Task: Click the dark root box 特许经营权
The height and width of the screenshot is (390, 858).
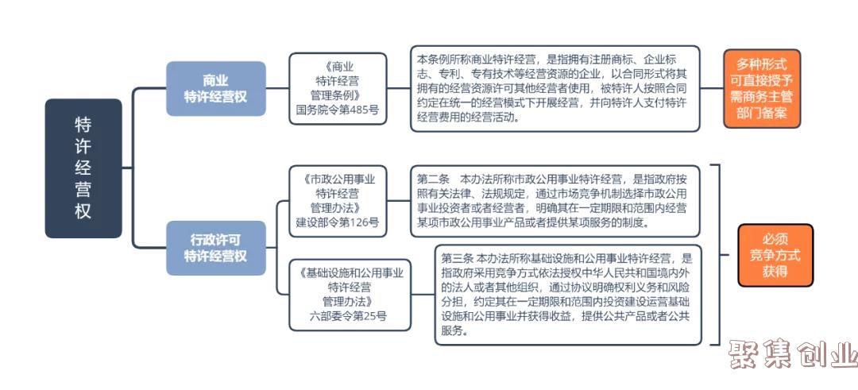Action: pyautogui.click(x=83, y=168)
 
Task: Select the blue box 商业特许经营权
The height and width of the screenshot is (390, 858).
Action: pyautogui.click(x=215, y=89)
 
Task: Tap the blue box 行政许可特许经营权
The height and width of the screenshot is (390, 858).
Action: pyautogui.click(x=215, y=248)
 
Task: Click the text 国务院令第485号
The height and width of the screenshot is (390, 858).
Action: pyautogui.click(x=338, y=110)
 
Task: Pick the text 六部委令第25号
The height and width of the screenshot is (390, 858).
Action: pyautogui.click(x=349, y=315)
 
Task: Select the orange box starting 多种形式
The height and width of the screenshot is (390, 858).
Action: pyautogui.click(x=762, y=89)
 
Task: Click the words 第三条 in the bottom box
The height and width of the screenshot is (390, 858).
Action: pyautogui.click(x=457, y=258)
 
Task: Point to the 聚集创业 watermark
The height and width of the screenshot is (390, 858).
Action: pyautogui.click(x=793, y=355)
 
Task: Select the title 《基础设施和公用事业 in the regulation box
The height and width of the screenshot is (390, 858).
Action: pyautogui.click(x=351, y=272)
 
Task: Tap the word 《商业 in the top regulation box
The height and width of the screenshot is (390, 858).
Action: pyautogui.click(x=338, y=67)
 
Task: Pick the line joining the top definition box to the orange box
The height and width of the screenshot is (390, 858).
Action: pyautogui.click(x=712, y=88)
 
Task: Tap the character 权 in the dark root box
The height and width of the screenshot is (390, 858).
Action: pyautogui.click(x=83, y=210)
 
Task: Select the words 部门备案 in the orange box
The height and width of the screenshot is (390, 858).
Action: pyautogui.click(x=762, y=114)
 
